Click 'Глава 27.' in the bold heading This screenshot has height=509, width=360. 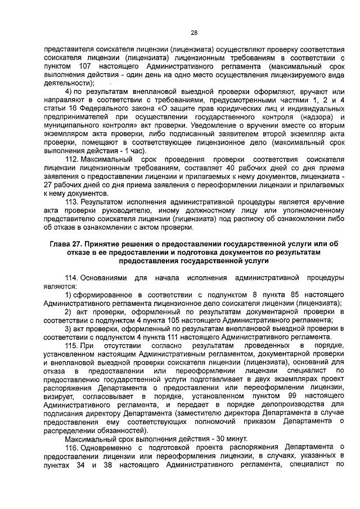[66, 244]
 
